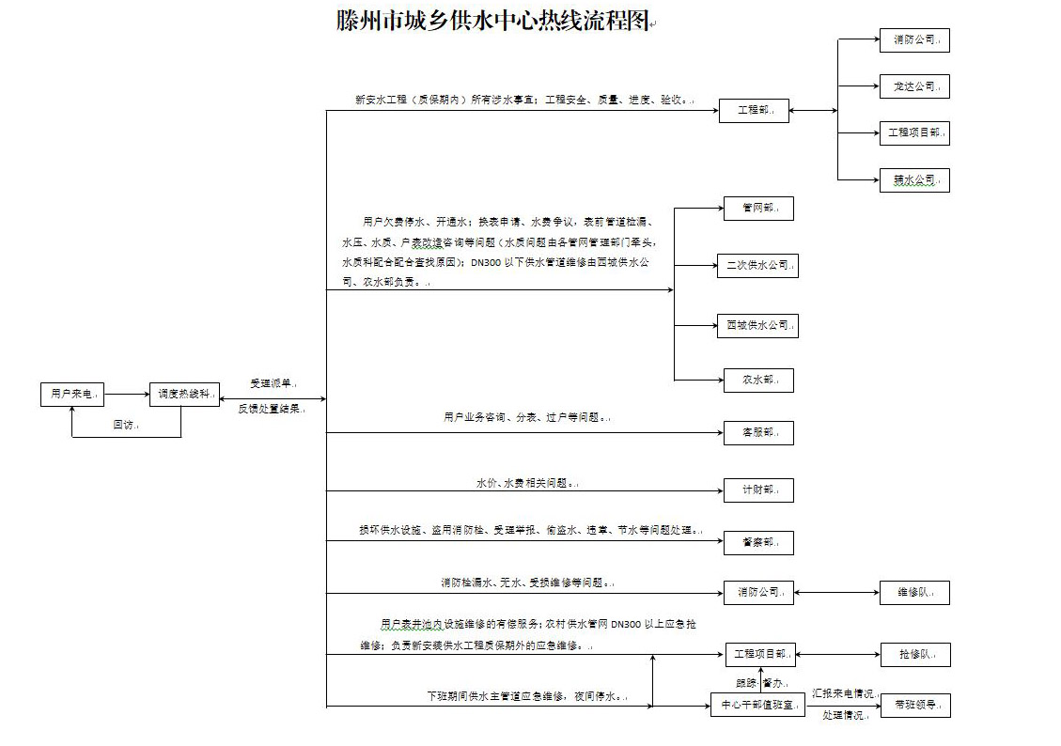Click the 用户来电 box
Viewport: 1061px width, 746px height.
point(72,395)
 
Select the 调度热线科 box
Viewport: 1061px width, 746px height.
point(183,395)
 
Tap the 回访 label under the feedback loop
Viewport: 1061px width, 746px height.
point(125,426)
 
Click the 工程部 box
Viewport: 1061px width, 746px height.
point(754,111)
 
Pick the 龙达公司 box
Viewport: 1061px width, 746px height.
point(914,86)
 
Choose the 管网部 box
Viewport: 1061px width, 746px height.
point(757,209)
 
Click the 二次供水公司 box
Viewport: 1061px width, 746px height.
point(757,266)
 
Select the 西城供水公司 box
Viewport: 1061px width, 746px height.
point(757,326)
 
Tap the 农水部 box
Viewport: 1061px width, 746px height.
point(757,381)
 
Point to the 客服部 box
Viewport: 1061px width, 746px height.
point(757,433)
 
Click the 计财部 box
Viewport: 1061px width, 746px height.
point(757,490)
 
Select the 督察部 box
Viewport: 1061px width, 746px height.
point(757,543)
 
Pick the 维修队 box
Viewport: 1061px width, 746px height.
point(914,593)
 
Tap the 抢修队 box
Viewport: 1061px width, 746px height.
point(914,655)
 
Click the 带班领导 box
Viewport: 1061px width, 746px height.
point(914,705)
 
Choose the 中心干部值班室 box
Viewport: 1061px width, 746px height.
point(757,705)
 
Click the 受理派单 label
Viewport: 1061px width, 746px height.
point(273,383)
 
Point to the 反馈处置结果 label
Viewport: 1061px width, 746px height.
point(271,409)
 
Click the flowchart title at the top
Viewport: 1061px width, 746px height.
point(494,21)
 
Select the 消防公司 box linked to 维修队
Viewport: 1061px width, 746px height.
point(759,593)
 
